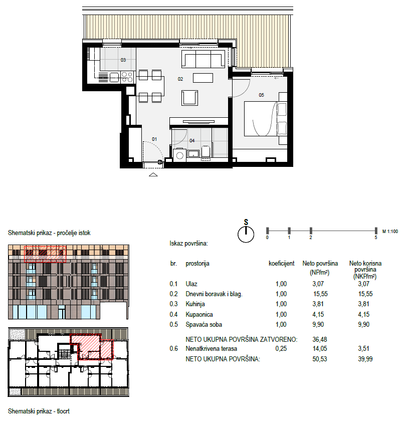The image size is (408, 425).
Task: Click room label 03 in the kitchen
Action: click(123, 60)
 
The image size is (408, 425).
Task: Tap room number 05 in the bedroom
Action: click(261, 95)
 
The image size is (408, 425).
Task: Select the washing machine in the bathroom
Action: click(179, 155)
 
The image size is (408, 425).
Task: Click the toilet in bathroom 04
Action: click(206, 151)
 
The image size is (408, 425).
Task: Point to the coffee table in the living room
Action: click(203, 78)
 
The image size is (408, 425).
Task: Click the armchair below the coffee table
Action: click(189, 98)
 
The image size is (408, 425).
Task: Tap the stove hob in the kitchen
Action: click(127, 77)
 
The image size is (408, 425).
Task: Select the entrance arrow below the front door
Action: click(153, 174)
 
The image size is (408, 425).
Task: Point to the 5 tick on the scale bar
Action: click(376, 231)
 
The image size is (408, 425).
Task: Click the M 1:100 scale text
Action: click(390, 232)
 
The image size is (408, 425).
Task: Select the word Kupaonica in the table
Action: click(199, 315)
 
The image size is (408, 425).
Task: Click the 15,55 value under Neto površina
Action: click(320, 294)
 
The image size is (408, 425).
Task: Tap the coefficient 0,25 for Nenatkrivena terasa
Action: click(281, 348)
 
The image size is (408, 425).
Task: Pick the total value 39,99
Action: click(365, 359)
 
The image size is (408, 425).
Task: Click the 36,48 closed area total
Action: click(320, 339)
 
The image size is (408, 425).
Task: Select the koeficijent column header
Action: click(281, 264)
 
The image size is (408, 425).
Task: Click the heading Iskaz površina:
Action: click(188, 244)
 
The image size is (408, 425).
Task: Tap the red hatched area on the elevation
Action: click(45, 254)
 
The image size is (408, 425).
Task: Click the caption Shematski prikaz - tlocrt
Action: click(39, 411)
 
